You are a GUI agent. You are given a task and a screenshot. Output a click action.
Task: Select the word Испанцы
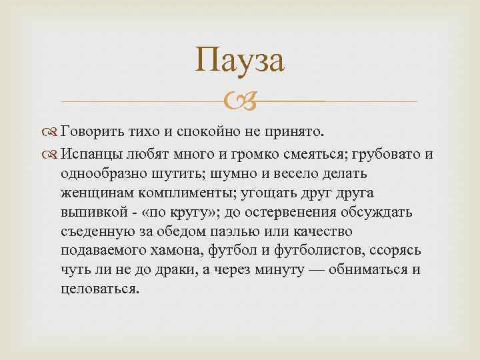click(x=96, y=155)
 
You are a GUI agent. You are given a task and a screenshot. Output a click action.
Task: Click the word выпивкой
click(x=93, y=212)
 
